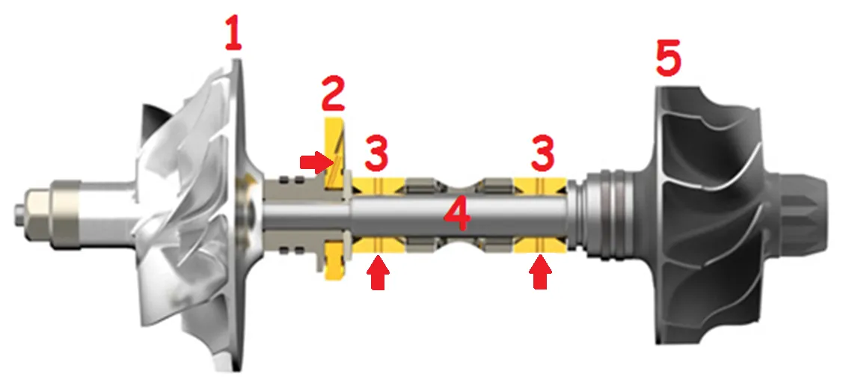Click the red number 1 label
(x=233, y=32)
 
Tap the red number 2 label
(x=332, y=94)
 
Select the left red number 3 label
(x=376, y=153)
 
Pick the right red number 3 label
(x=542, y=153)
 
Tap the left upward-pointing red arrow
(x=378, y=272)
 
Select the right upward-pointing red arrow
(x=540, y=272)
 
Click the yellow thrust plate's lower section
(x=334, y=260)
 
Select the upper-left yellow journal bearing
(x=379, y=186)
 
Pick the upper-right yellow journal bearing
(x=540, y=186)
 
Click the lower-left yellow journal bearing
(x=379, y=245)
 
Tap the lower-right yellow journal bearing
(x=540, y=245)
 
